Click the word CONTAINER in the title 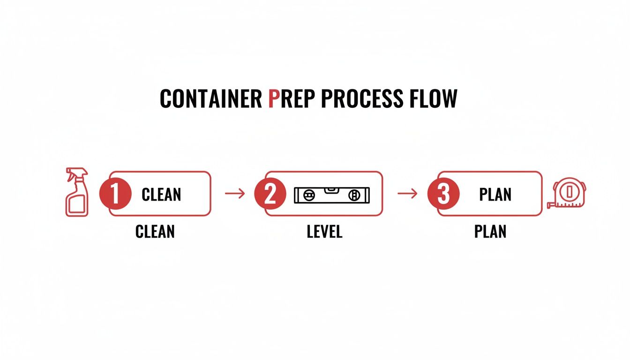click(211, 99)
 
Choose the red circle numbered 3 click(443, 194)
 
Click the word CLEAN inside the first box click(161, 194)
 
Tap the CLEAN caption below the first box click(155, 231)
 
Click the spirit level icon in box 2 click(332, 194)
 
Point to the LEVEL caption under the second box click(324, 231)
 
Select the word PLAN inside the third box click(495, 194)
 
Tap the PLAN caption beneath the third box click(490, 231)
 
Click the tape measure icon click(569, 193)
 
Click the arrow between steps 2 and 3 click(407, 193)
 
